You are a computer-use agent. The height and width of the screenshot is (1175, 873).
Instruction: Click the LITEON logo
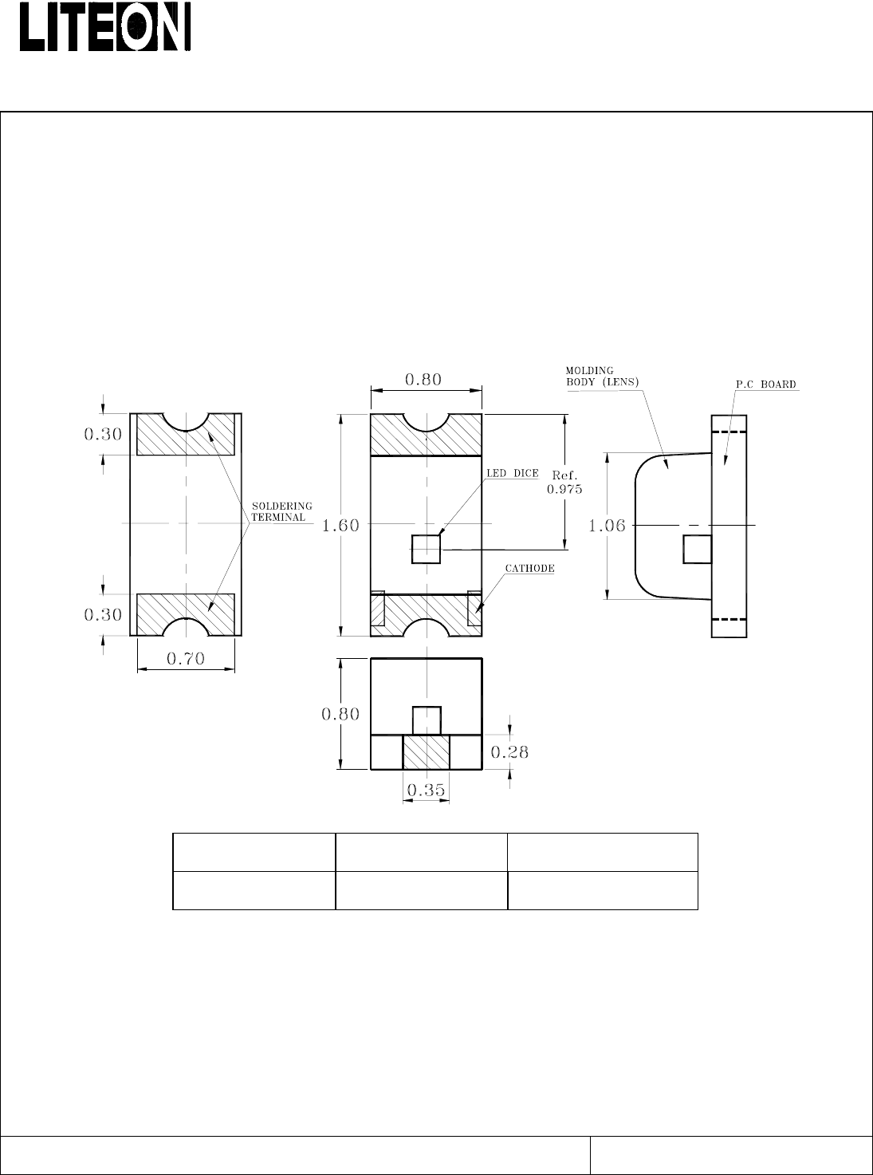point(104,27)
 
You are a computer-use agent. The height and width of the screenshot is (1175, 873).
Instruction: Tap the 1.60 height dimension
point(340,526)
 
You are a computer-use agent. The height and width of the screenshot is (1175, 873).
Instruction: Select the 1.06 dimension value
point(607,526)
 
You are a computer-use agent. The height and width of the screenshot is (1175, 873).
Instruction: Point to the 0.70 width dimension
point(185,658)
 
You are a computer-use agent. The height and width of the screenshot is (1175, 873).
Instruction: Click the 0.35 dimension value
point(426,791)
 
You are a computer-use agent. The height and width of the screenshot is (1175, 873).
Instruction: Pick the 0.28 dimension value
point(509,752)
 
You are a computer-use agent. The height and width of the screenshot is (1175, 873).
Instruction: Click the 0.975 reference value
point(564,489)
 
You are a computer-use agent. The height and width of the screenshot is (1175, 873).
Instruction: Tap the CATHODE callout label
point(529,569)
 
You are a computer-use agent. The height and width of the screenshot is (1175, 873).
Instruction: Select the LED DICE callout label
point(512,474)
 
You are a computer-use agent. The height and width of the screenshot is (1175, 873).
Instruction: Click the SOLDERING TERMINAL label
point(281,512)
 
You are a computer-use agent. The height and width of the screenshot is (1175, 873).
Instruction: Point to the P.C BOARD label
point(765,384)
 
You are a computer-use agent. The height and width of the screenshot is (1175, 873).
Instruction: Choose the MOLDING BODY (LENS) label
point(602,377)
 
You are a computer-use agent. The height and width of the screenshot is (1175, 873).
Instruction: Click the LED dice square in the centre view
point(426,549)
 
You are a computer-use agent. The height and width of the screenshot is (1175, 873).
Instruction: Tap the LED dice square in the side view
point(698,549)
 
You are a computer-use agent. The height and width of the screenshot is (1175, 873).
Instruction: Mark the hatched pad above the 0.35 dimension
point(426,751)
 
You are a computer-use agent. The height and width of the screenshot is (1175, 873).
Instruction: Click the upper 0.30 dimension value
point(103,435)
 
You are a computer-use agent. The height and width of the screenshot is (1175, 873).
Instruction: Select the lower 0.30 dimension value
point(103,615)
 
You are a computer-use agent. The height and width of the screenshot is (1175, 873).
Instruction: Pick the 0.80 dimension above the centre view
point(423,380)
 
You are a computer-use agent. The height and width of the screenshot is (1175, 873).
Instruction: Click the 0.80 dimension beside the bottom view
point(340,714)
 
